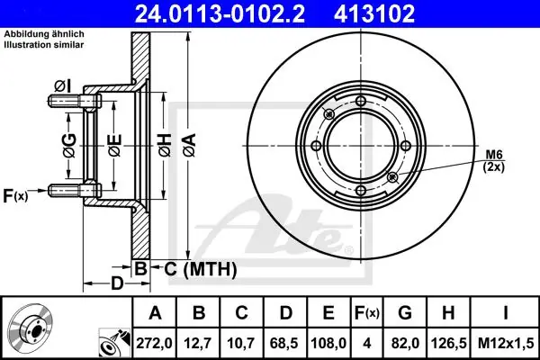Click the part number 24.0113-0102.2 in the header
tap(220, 13)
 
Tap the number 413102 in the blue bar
tap(374, 13)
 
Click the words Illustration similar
tap(44, 45)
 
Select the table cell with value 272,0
tap(154, 343)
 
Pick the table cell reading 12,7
tap(198, 343)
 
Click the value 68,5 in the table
tap(285, 343)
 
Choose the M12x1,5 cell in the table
tap(506, 343)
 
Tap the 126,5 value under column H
tap(449, 343)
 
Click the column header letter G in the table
tap(405, 313)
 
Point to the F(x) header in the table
tap(367, 313)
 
